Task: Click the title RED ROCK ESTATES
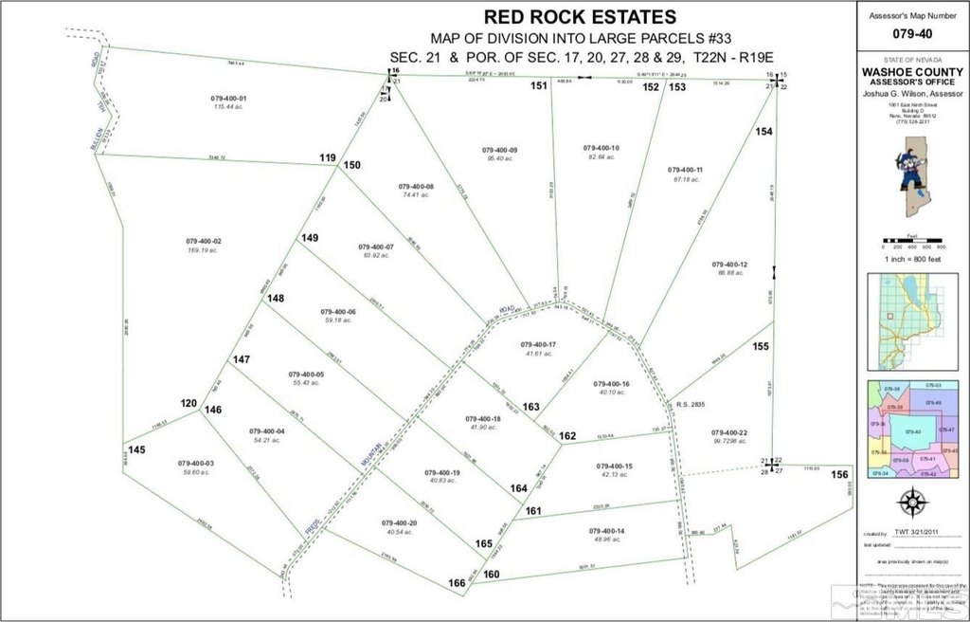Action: pyautogui.click(x=580, y=16)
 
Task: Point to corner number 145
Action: pyautogui.click(x=137, y=449)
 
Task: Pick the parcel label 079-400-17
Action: pyautogui.click(x=539, y=343)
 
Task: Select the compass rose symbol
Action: pyautogui.click(x=911, y=503)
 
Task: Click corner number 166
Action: pyautogui.click(x=457, y=583)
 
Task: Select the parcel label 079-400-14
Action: pyautogui.click(x=607, y=531)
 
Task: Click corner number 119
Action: pyautogui.click(x=328, y=157)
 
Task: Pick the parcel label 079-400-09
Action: pyautogui.click(x=499, y=150)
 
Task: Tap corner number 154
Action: pyautogui.click(x=764, y=132)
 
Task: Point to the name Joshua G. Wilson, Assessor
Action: pyautogui.click(x=912, y=95)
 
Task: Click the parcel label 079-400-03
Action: pyautogui.click(x=196, y=463)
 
